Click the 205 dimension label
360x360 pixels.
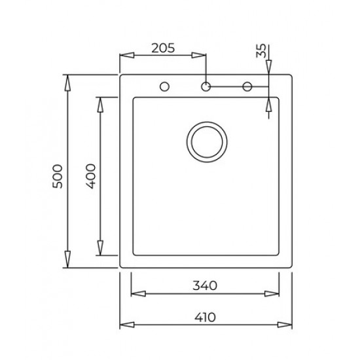[163, 48]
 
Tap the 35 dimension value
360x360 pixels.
[261, 51]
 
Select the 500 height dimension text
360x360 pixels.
[57, 176]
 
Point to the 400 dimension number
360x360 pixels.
[90, 176]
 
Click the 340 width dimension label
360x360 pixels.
[205, 285]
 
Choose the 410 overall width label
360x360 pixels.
[205, 317]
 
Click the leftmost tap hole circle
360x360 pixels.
[164, 87]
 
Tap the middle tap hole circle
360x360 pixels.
[206, 87]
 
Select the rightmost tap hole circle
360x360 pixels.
[247, 87]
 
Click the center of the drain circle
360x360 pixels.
[207, 142]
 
